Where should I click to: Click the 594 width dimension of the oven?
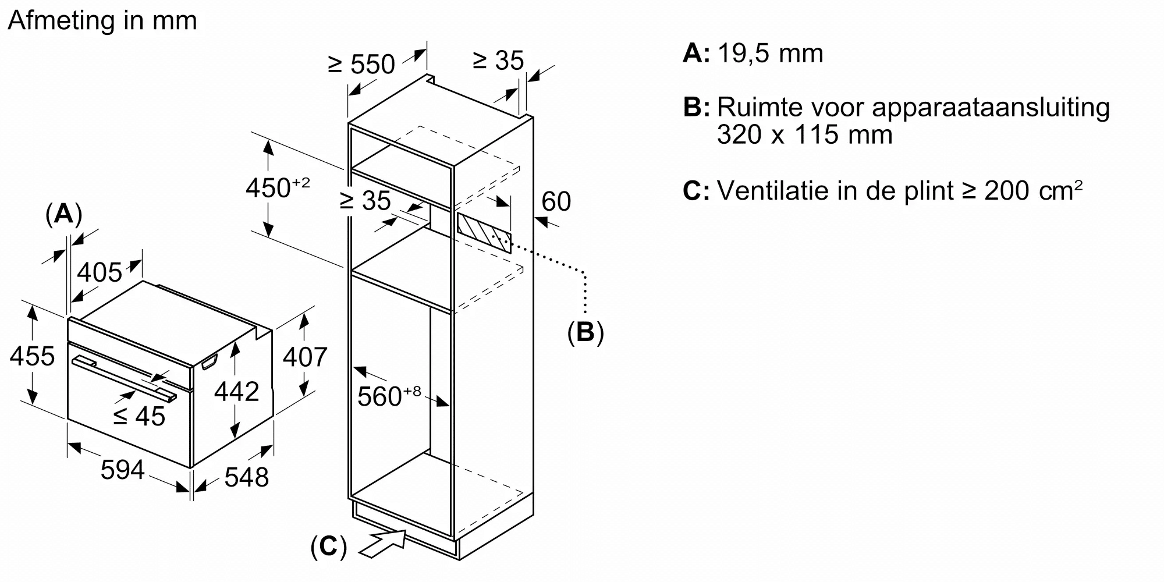(122, 470)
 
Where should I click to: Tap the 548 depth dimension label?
(246, 477)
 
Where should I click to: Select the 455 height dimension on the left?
(32, 356)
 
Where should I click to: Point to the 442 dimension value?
(236, 392)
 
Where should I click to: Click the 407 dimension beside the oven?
(305, 356)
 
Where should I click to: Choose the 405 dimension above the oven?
(100, 272)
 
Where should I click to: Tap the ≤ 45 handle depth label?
(139, 416)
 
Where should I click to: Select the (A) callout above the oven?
(63, 214)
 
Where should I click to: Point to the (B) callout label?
(585, 332)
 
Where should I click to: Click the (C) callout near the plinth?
(329, 547)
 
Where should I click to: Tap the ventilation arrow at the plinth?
(384, 543)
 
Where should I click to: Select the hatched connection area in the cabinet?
(484, 233)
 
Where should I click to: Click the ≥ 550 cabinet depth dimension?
(361, 64)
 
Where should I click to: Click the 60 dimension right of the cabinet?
(556, 201)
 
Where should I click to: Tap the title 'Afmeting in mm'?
(102, 21)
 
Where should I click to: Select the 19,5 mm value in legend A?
(770, 54)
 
